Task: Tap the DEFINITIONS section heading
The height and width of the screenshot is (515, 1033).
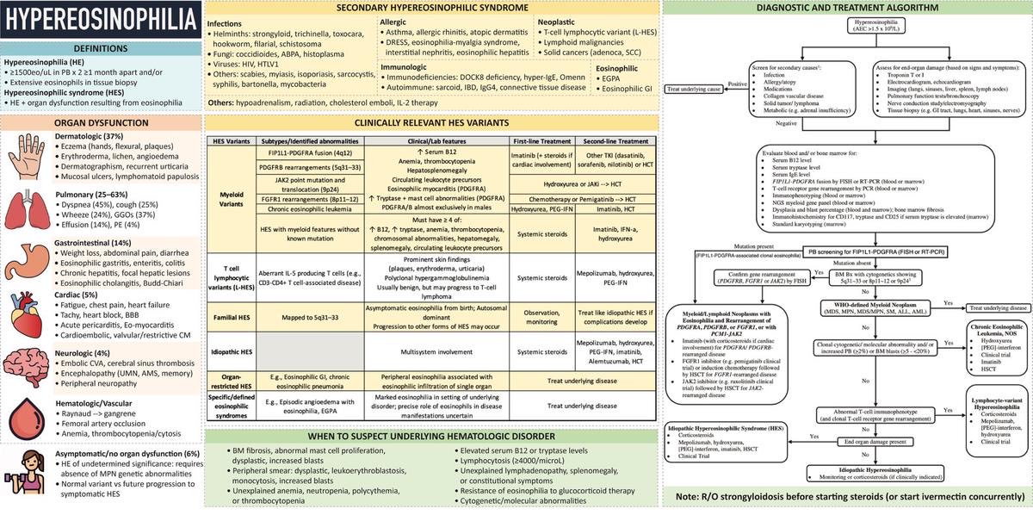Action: [102, 49]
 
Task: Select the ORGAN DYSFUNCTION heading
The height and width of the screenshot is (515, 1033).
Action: [102, 122]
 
